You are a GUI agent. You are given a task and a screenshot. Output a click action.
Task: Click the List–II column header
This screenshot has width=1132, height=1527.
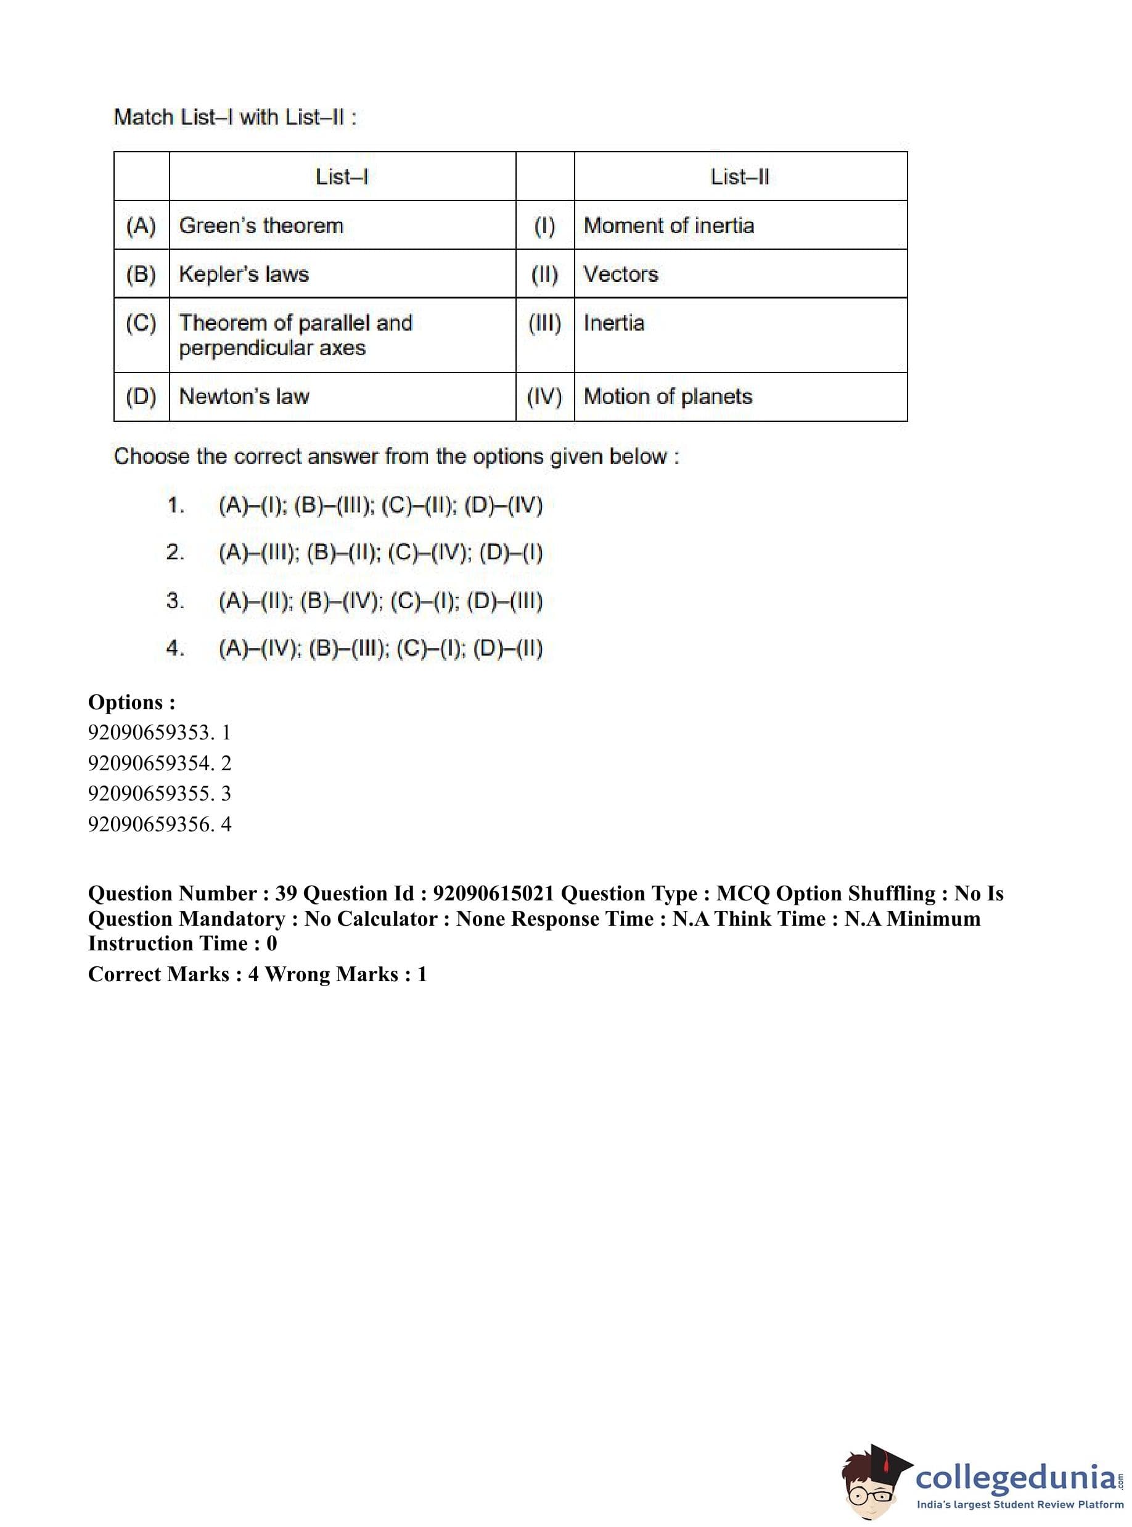739,177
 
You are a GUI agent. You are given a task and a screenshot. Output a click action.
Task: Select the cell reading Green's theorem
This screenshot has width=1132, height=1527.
261,226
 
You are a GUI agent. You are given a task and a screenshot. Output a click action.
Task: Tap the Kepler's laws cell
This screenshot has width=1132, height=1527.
244,274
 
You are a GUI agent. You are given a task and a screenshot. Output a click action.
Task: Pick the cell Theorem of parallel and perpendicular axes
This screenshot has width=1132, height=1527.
295,335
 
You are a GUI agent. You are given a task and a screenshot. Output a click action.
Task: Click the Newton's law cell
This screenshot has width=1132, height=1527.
244,396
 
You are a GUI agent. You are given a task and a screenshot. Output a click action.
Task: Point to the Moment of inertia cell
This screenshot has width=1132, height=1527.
669,226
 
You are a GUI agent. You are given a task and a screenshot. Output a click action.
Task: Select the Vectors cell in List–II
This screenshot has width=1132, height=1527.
621,274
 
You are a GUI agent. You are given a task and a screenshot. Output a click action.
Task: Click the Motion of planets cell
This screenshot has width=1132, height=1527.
668,396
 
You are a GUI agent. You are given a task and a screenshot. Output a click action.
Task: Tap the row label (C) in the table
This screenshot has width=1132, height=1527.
141,323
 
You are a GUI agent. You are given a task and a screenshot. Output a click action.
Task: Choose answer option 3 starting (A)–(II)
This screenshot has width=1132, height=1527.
380,601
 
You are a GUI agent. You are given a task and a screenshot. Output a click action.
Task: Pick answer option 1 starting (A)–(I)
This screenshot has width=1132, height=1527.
380,506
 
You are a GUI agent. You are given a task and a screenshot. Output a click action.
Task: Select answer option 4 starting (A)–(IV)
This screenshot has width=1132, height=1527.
380,648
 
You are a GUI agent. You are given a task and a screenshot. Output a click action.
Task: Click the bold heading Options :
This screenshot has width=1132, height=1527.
131,702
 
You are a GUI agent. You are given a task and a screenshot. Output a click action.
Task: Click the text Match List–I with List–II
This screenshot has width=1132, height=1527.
234,117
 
